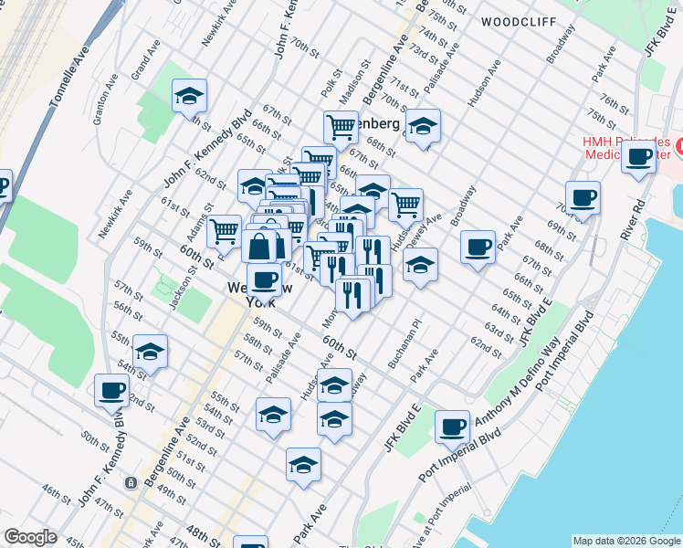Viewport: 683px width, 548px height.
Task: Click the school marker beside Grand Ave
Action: tap(189, 97)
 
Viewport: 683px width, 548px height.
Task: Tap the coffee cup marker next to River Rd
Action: tap(639, 155)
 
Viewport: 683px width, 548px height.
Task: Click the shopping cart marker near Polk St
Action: tap(341, 127)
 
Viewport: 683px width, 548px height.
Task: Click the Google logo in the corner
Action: tap(30, 537)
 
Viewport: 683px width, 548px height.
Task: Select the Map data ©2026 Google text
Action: tap(625, 541)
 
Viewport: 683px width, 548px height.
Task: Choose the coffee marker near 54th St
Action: tap(111, 390)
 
